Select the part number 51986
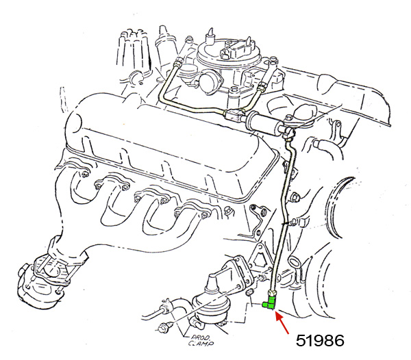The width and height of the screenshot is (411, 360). pos(320,341)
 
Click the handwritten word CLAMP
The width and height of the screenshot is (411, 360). pos(201,344)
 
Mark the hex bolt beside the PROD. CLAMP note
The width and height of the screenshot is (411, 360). pos(164,327)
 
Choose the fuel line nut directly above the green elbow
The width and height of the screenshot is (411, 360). pos(271,293)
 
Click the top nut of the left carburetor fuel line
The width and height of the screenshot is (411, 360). pos(177,63)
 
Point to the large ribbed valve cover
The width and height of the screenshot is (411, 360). pos(162,146)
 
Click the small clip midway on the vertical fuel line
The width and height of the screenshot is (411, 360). pos(285,223)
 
